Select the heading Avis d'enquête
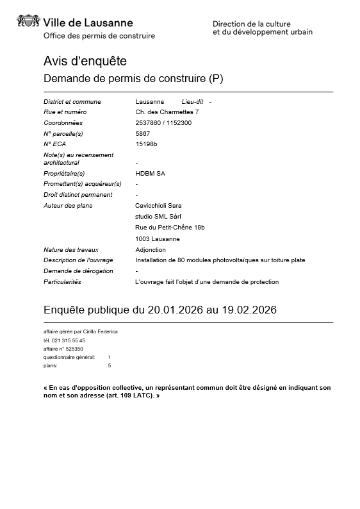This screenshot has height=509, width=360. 85,61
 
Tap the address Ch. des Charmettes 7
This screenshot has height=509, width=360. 163,112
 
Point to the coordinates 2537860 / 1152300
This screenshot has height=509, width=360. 163,123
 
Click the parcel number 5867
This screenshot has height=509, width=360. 143,133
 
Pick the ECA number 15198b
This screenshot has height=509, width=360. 146,144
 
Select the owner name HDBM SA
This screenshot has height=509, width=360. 151,173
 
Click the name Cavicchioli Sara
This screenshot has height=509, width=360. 159,206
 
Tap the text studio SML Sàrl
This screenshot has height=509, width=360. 158,217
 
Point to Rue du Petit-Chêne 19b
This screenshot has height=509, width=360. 170,228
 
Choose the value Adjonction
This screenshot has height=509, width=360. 151,250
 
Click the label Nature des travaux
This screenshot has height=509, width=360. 70,250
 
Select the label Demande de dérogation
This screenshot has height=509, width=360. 78,271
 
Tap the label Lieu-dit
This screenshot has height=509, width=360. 192,102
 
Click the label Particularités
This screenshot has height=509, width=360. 62,282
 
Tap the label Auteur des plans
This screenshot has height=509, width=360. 68,206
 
